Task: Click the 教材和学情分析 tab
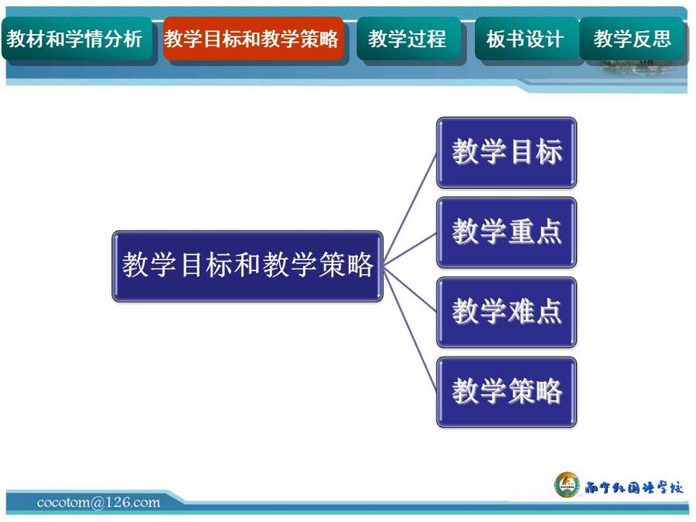[x=77, y=39]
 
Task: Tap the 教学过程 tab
[x=408, y=39]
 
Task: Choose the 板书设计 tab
[x=527, y=39]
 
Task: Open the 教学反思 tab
[x=632, y=39]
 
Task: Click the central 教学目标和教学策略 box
[x=247, y=266]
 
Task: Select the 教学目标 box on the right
[x=507, y=152]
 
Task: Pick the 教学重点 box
[x=507, y=232]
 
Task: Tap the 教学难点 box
[x=507, y=312]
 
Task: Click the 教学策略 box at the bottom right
[x=507, y=392]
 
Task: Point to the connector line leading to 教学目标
[x=410, y=209]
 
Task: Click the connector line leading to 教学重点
[x=410, y=249]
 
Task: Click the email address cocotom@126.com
[x=98, y=503]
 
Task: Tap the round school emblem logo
[x=568, y=485]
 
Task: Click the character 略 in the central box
[x=360, y=265]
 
